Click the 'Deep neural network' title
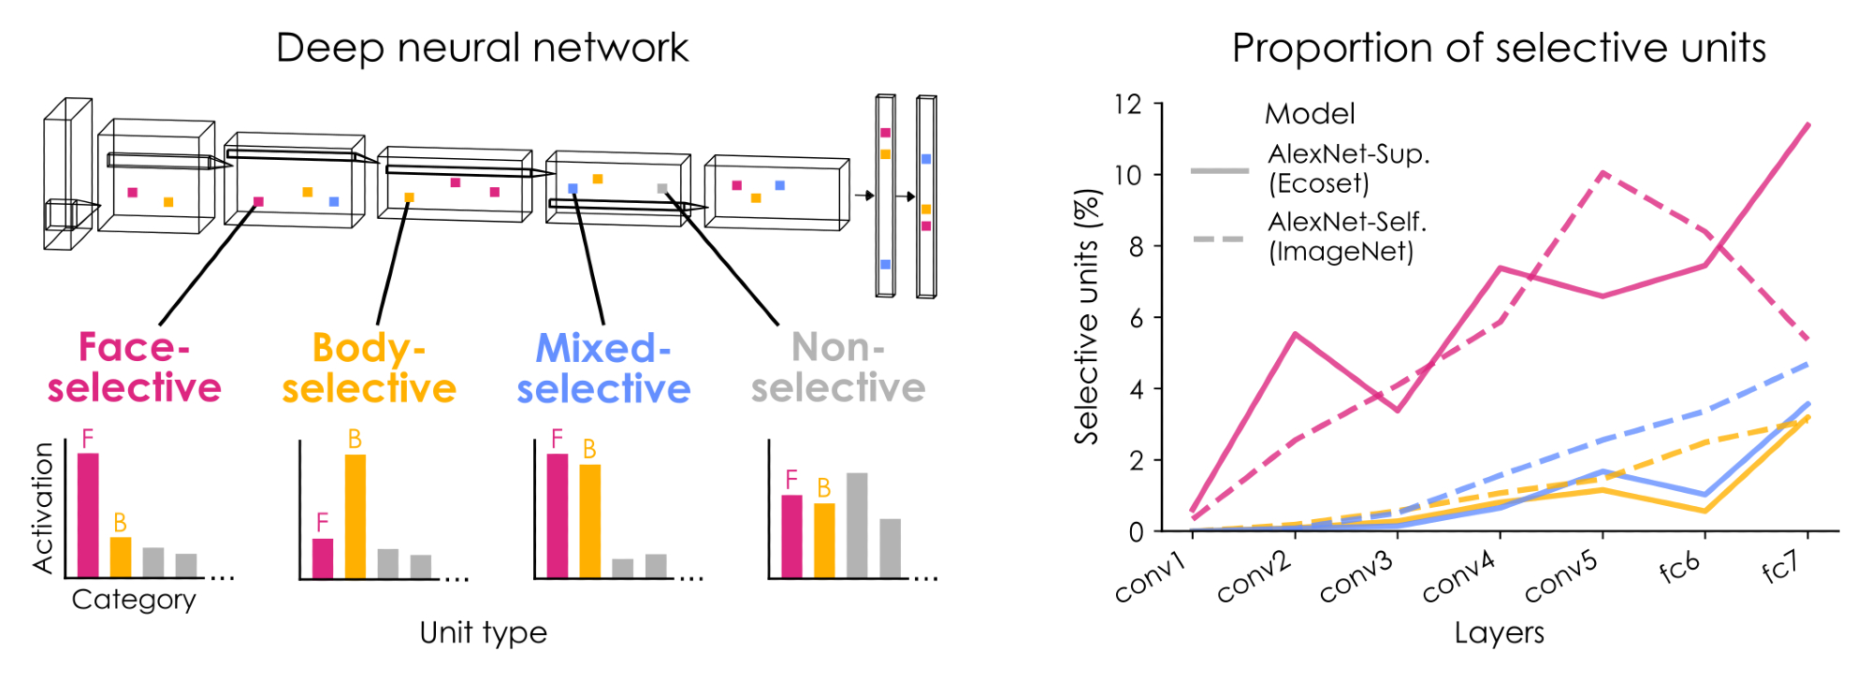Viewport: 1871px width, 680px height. point(482,48)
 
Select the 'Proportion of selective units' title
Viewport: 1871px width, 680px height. point(1499,48)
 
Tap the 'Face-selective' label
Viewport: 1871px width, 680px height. point(135,368)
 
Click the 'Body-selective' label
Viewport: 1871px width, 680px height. point(370,368)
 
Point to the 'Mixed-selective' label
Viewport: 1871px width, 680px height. point(604,369)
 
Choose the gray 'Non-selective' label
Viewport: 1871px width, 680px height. point(838,368)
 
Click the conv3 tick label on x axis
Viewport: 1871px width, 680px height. point(1356,576)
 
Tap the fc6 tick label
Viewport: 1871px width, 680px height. point(1679,567)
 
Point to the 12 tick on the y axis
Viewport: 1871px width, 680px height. point(1128,104)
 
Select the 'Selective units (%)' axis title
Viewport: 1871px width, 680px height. point(1087,317)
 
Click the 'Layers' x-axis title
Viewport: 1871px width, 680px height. point(1499,633)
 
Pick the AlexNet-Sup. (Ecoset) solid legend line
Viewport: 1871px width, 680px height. point(1220,171)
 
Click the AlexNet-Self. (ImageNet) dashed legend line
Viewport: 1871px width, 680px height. point(1220,239)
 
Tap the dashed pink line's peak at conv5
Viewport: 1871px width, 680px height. point(1603,173)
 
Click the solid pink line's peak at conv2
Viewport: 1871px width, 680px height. point(1295,334)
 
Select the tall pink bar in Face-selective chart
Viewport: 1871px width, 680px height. point(88,514)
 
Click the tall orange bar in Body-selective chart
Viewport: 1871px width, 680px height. point(355,515)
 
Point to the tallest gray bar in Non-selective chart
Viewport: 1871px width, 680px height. point(857,525)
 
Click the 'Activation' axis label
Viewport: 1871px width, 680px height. point(43,508)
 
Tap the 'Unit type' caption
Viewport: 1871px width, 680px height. point(483,633)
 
